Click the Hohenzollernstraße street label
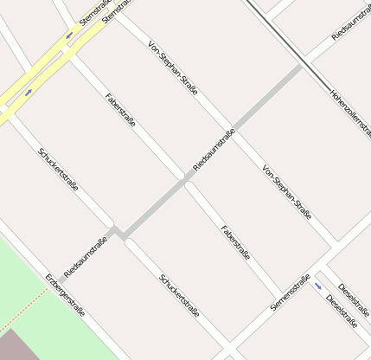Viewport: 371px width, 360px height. (x=350, y=112)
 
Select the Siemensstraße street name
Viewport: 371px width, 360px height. (x=290, y=292)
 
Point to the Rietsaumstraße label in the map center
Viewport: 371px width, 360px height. (x=214, y=149)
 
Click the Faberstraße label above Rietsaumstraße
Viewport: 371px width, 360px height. (x=119, y=110)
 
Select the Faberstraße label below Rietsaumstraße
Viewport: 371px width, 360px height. (x=235, y=243)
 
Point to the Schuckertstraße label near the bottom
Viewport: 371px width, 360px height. (x=179, y=295)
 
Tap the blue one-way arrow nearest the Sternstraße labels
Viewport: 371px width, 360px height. (x=69, y=35)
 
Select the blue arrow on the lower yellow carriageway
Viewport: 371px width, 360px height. (x=29, y=91)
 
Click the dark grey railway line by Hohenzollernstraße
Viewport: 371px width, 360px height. (x=285, y=43)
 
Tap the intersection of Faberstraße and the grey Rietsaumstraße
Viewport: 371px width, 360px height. (x=187, y=178)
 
